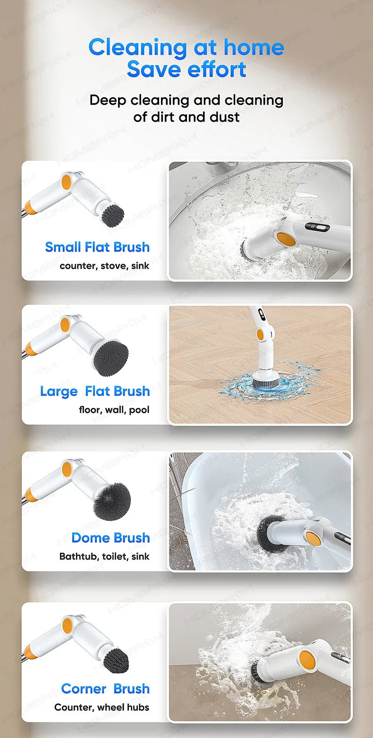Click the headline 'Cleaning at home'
tap(186, 47)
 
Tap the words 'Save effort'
tap(186, 70)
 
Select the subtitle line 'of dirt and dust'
tap(186, 116)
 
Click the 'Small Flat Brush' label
tap(97, 247)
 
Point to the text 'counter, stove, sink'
tap(104, 266)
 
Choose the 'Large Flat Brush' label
tap(95, 391)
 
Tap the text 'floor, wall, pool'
tap(114, 410)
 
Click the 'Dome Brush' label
tap(110, 538)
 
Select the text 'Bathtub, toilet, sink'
tap(104, 556)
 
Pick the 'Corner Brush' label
tap(105, 688)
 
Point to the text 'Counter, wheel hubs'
tap(102, 707)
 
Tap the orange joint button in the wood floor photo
tap(260, 335)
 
